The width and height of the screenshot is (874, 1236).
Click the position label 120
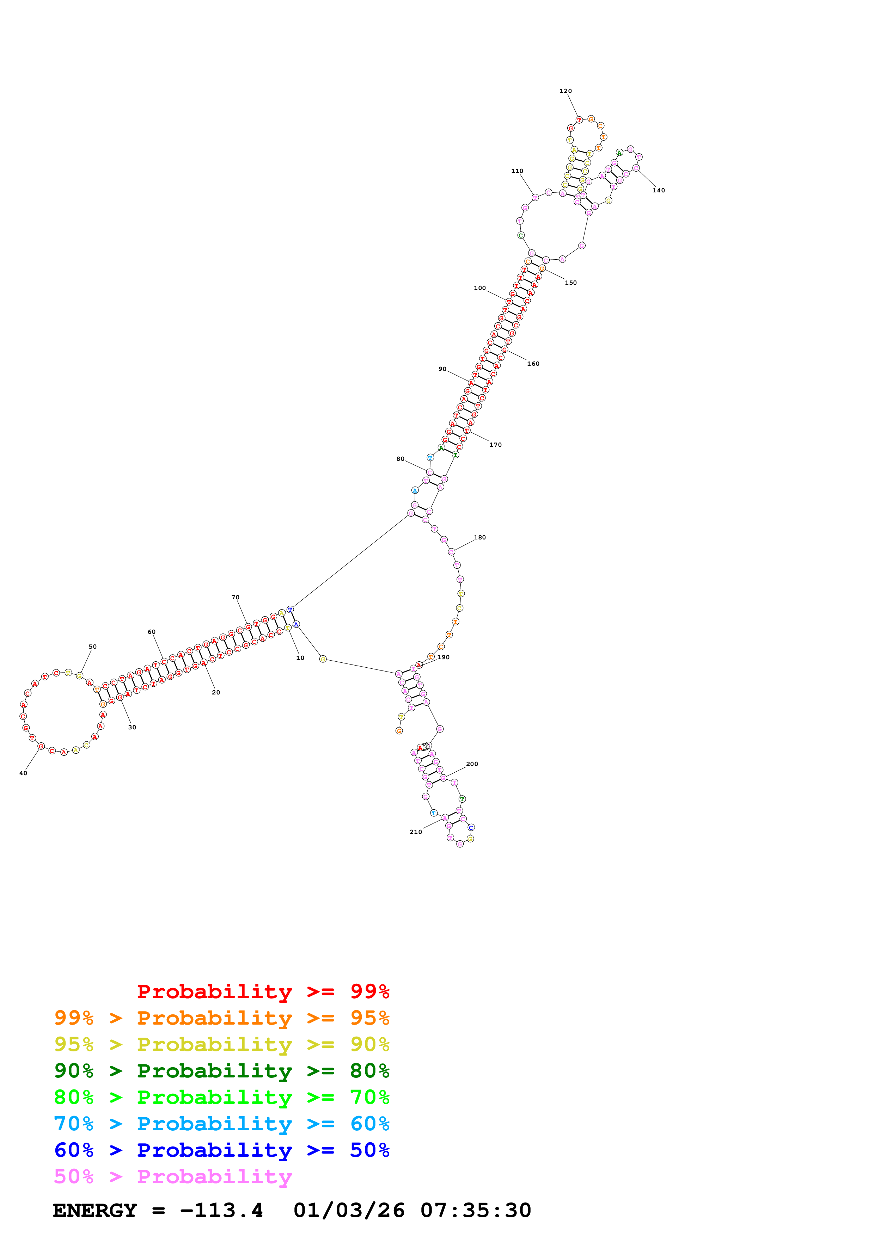[566, 91]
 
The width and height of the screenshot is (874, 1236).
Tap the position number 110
[517, 171]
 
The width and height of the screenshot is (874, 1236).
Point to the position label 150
[571, 283]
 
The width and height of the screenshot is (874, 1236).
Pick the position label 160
[533, 364]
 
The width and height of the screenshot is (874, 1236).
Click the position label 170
[495, 445]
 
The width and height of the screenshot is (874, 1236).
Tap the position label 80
[400, 459]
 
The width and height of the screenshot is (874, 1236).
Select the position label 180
[480, 537]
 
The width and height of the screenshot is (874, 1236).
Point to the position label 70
[235, 598]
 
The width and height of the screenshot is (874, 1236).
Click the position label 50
[93, 647]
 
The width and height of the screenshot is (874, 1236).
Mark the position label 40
[23, 773]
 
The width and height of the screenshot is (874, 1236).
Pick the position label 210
[416, 832]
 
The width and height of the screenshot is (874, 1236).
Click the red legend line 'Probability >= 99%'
[263, 991]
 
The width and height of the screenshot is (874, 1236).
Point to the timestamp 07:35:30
[476, 1210]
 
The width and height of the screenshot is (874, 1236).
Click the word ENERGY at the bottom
[95, 1210]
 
